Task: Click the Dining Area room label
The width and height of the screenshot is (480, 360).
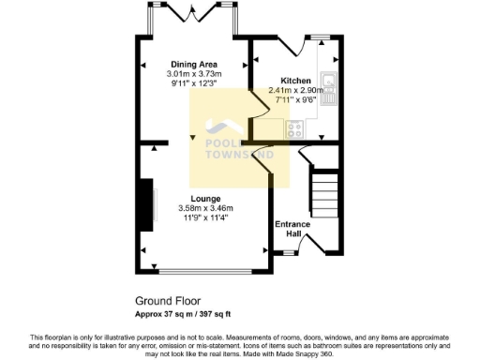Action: point(193,64)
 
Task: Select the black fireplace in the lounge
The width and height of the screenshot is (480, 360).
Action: point(147,204)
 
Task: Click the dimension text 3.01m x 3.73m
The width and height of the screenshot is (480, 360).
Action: point(193,74)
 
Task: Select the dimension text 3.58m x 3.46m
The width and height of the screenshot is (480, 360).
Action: point(205,208)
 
